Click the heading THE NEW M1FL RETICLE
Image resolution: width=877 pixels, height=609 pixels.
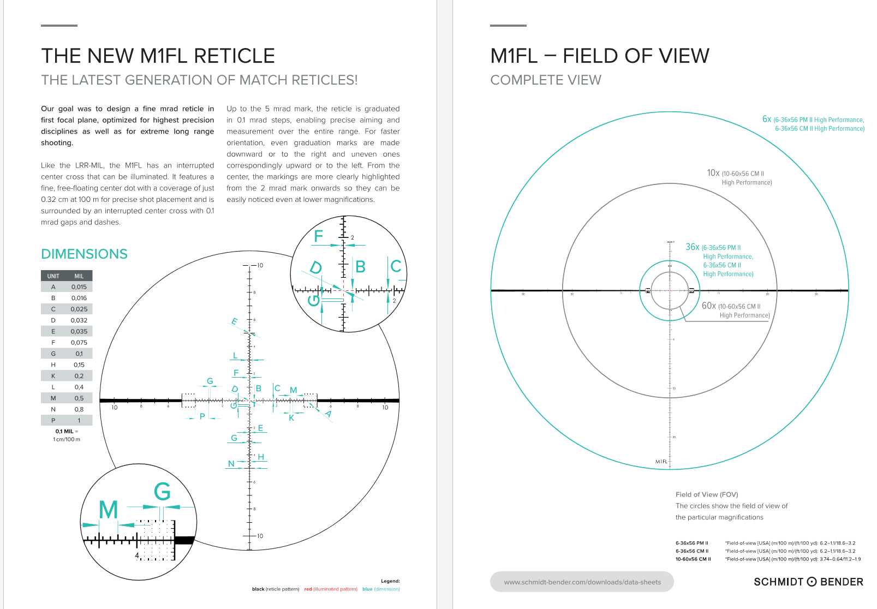(x=158, y=56)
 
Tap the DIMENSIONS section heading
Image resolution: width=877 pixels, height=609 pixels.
(x=84, y=254)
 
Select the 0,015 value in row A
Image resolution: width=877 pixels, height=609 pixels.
(x=79, y=286)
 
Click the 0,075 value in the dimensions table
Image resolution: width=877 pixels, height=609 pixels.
(x=79, y=342)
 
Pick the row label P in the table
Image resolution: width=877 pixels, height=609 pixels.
(x=53, y=420)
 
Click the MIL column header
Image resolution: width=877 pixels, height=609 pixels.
(x=79, y=276)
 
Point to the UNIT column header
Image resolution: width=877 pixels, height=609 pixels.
(x=53, y=276)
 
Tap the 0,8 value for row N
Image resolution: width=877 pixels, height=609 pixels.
(x=79, y=409)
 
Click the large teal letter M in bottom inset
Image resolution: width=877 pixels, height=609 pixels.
(x=108, y=510)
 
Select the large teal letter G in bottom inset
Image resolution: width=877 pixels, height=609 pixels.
(x=162, y=492)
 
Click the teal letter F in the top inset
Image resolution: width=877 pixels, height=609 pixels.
(x=319, y=236)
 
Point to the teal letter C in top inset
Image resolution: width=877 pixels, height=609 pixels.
(x=396, y=266)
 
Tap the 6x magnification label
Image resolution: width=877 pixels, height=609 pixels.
(x=767, y=119)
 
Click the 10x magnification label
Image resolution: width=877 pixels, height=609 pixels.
(x=713, y=173)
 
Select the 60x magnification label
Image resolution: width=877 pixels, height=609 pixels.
(x=708, y=306)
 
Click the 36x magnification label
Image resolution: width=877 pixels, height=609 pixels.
(x=692, y=247)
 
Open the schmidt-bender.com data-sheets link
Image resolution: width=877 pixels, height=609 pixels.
(x=582, y=582)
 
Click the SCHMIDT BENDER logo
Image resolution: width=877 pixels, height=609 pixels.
(x=808, y=582)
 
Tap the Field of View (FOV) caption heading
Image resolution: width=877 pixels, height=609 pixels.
(x=706, y=494)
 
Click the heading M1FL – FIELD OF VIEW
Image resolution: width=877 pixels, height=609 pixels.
(x=599, y=56)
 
